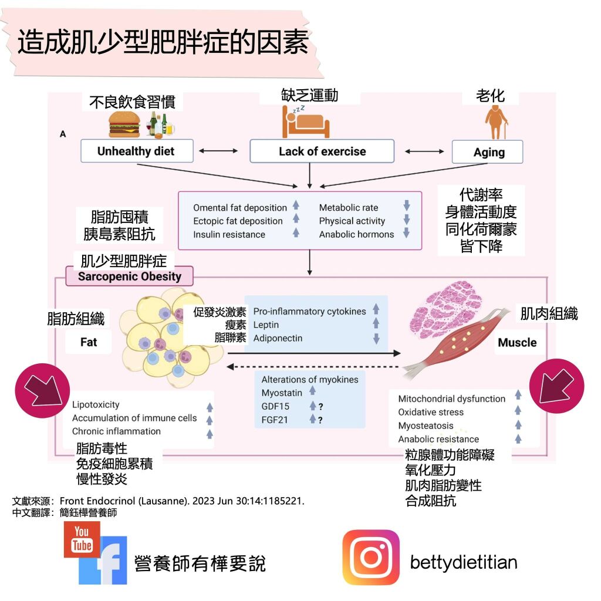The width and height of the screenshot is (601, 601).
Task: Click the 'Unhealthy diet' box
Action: (x=136, y=151)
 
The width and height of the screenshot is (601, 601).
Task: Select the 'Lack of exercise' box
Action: (x=322, y=151)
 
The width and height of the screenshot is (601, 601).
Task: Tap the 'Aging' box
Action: (x=489, y=152)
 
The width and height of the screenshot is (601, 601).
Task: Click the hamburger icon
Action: (x=124, y=124)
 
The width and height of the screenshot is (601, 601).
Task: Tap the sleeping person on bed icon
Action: (x=305, y=122)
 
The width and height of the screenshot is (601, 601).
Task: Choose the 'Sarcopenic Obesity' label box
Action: (x=129, y=276)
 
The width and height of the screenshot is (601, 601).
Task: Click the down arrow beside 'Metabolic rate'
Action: (x=406, y=206)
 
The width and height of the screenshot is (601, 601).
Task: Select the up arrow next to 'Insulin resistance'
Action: (x=296, y=233)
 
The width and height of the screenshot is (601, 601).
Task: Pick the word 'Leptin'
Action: (x=266, y=325)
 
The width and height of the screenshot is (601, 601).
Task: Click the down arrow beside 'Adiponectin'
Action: (x=376, y=339)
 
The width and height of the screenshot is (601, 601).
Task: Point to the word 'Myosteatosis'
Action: (x=426, y=426)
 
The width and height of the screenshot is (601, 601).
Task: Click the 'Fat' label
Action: (x=89, y=341)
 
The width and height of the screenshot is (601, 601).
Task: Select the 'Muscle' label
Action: (x=517, y=342)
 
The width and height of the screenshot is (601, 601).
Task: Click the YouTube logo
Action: (x=82, y=539)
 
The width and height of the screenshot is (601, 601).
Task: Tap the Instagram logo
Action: (x=371, y=557)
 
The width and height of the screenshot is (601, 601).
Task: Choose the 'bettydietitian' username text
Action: (x=464, y=562)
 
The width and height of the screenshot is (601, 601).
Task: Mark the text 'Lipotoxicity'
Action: (x=96, y=404)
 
